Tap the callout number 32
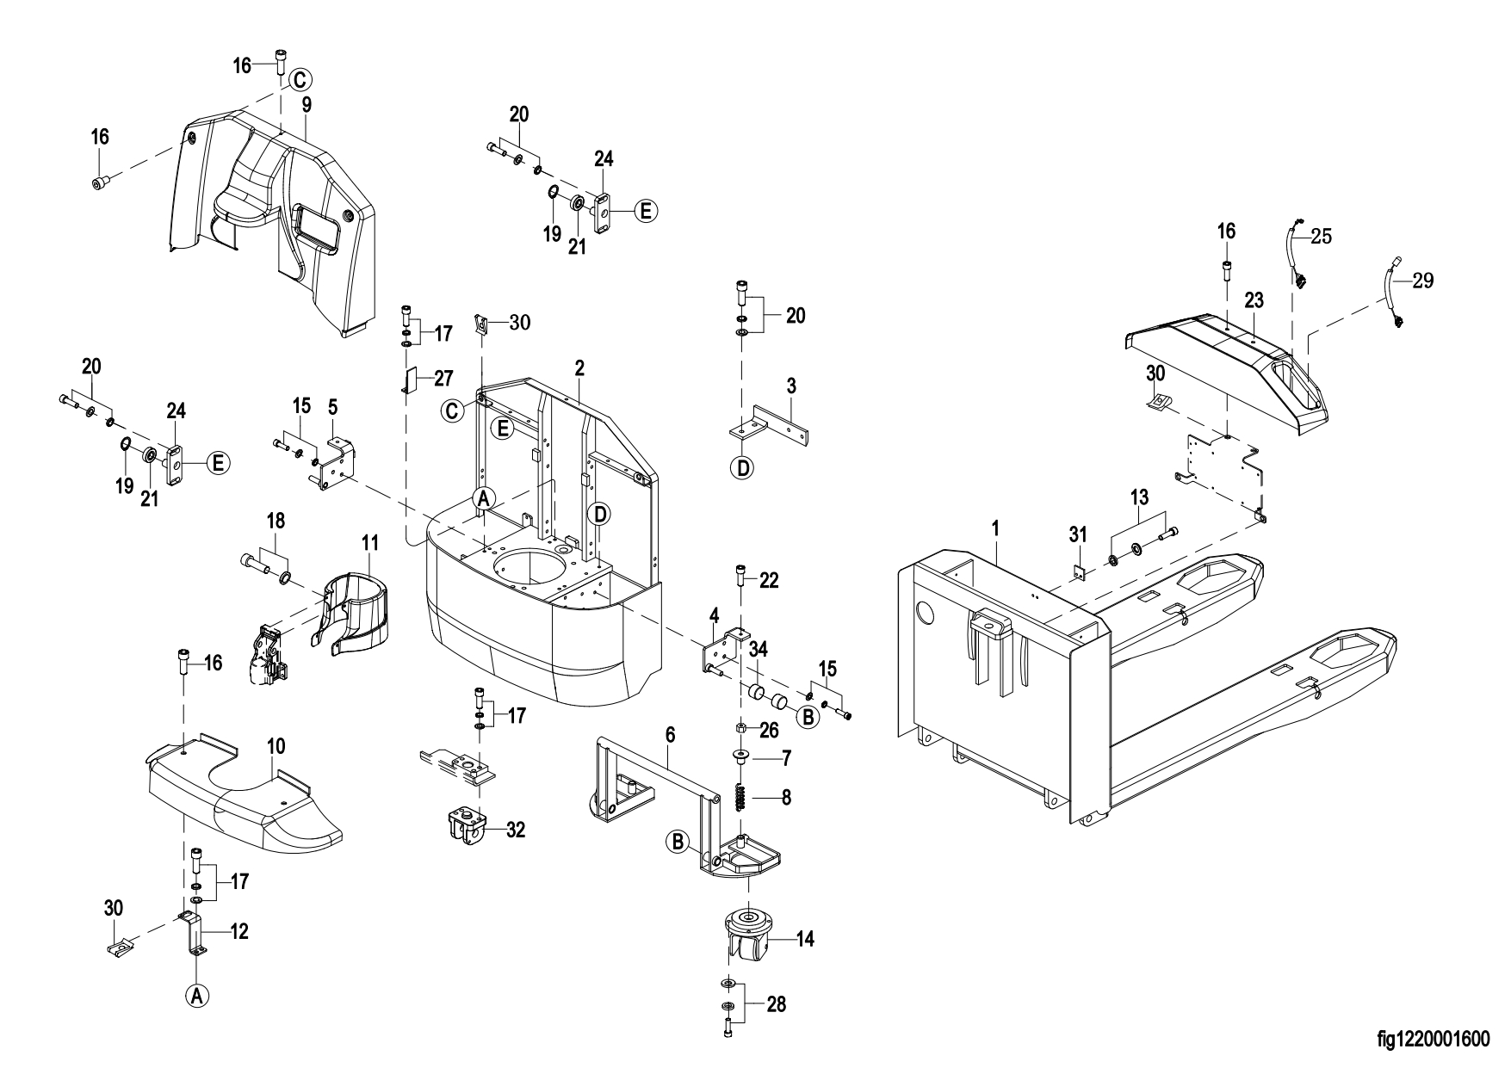point(516,830)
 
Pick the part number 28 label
point(776,1005)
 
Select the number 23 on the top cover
point(1254,300)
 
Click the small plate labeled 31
point(1075,571)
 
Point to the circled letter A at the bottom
point(197,996)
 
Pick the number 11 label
point(369,543)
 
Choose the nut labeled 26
point(741,730)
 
